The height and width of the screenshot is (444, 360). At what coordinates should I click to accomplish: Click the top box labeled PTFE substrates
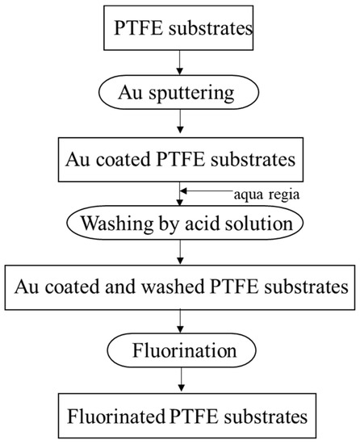[x=180, y=29]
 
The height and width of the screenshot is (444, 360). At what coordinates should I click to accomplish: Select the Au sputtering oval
[x=179, y=94]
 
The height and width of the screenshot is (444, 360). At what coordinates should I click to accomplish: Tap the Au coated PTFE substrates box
[x=179, y=158]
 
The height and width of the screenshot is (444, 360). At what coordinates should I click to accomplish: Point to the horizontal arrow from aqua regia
[x=206, y=191]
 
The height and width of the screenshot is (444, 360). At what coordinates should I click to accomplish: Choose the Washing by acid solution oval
[x=179, y=222]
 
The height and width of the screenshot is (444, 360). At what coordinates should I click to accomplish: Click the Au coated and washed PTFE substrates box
[x=179, y=287]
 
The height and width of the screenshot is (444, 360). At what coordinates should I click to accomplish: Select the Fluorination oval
[x=179, y=352]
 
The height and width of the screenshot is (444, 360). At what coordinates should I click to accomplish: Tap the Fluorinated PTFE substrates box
[x=179, y=416]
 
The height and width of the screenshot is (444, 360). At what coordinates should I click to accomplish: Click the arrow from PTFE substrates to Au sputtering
[x=179, y=61]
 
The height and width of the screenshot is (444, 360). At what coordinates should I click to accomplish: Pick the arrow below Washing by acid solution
[x=179, y=253]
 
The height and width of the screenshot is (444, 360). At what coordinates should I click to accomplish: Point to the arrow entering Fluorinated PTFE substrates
[x=179, y=382]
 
